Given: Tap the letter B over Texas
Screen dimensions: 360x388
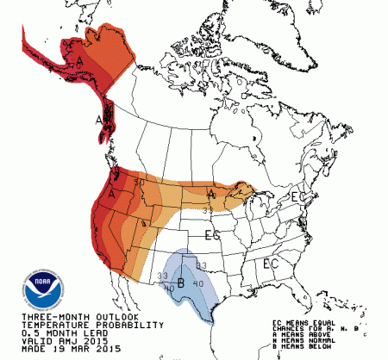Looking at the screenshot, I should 182,282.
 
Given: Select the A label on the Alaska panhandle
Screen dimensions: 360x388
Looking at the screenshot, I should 99,119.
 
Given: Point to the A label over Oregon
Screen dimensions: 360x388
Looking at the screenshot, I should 113,196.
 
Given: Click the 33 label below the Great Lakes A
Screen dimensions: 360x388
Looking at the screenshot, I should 208,209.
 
